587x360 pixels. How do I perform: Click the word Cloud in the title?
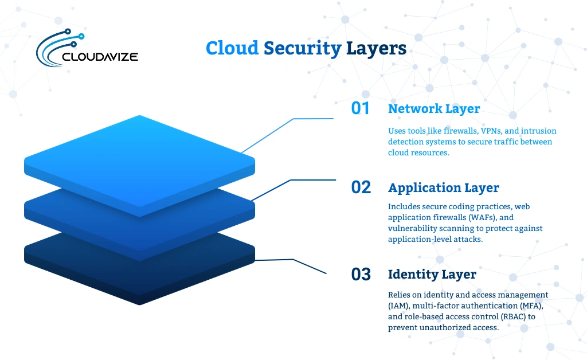pos(232,48)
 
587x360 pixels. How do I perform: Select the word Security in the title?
pos(302,48)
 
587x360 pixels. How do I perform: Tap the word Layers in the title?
pos(376,48)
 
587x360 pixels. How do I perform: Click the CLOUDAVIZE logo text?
pos(99,57)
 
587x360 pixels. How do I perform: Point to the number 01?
pos(361,108)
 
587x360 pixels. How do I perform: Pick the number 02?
pos(361,187)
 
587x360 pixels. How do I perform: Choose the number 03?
pos(361,274)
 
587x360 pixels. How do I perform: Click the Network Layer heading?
pos(434,108)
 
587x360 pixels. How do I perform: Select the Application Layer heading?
pos(443,187)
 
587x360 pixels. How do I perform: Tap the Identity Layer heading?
pos(432,274)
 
